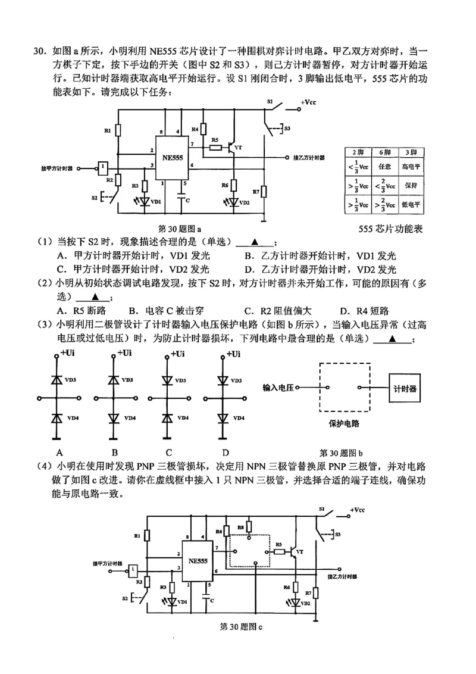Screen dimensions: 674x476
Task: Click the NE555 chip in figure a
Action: [171, 157]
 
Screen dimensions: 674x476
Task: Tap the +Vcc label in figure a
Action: [308, 102]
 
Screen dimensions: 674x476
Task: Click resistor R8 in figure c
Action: [249, 528]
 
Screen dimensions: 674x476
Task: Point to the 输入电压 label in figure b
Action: [278, 388]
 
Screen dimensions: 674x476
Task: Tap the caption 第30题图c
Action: [241, 626]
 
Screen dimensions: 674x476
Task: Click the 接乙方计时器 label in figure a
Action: [309, 158]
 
